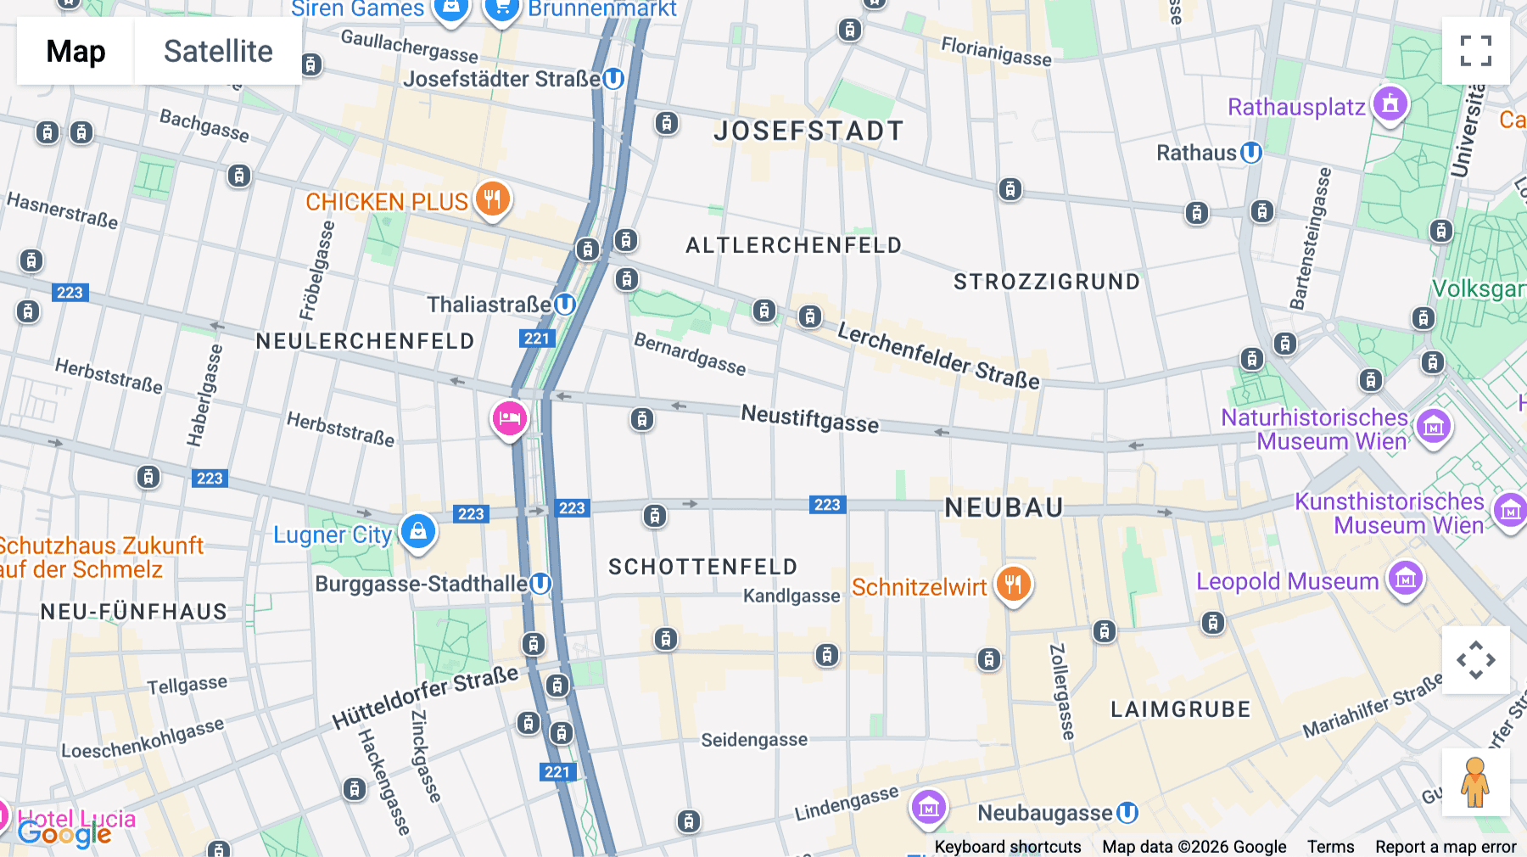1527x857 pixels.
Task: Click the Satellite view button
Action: [218, 51]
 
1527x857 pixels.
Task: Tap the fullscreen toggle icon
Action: [1475, 51]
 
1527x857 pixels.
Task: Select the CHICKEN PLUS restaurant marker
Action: [492, 200]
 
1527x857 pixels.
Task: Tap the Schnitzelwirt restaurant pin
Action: [1013, 585]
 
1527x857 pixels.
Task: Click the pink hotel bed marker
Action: [510, 418]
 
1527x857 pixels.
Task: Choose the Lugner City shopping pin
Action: [417, 532]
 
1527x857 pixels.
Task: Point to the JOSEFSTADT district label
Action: [808, 131]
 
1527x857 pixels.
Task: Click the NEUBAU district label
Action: [1004, 507]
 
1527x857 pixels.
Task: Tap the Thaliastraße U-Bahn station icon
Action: [565, 304]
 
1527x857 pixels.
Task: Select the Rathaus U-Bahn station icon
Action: [1250, 153]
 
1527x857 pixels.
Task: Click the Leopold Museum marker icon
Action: [1405, 580]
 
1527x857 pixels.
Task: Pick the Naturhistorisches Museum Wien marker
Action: [1434, 427]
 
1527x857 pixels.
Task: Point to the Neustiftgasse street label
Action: [809, 418]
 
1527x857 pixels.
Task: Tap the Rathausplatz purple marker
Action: [1390, 104]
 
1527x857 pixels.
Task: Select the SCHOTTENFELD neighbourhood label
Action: [702, 567]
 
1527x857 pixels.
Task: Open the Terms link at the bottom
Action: [1330, 846]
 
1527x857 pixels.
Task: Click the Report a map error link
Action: [1445, 846]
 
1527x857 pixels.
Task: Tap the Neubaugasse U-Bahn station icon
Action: [1127, 813]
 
